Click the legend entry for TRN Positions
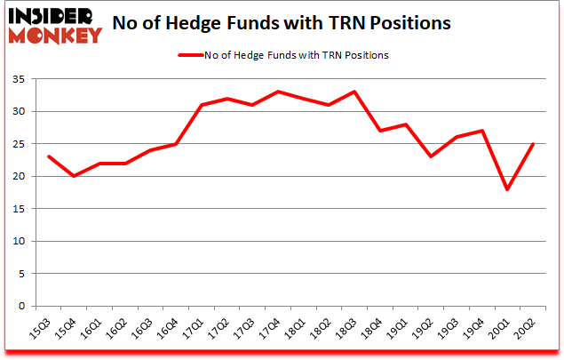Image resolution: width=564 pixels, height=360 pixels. coord(283,55)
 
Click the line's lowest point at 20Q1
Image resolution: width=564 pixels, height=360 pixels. coord(508,189)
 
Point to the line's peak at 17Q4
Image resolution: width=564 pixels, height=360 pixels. coord(278,92)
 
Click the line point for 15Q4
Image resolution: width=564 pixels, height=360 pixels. coord(74,176)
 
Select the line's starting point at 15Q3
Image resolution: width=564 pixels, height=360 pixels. coord(48,156)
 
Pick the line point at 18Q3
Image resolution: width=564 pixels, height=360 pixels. coord(355,92)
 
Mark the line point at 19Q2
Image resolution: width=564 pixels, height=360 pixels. coord(432,156)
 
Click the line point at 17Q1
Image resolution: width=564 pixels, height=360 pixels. coord(202,105)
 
